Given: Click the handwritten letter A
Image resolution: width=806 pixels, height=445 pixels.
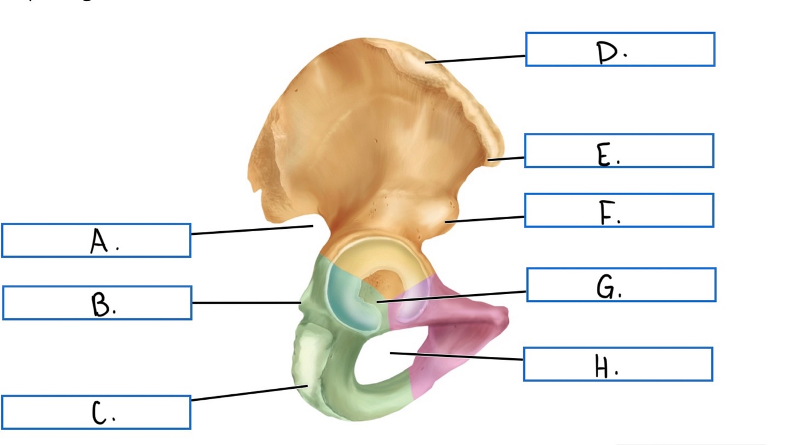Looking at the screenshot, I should (x=99, y=242).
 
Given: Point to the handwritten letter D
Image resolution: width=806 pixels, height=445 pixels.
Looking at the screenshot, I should (x=608, y=53).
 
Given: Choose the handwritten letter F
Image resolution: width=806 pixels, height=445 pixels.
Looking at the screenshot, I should (x=607, y=213).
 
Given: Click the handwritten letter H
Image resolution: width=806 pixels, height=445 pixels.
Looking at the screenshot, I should (x=603, y=366).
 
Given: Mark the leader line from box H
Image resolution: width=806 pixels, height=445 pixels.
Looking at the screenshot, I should (x=457, y=356).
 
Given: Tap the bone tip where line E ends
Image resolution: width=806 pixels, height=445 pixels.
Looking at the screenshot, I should (x=491, y=159).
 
